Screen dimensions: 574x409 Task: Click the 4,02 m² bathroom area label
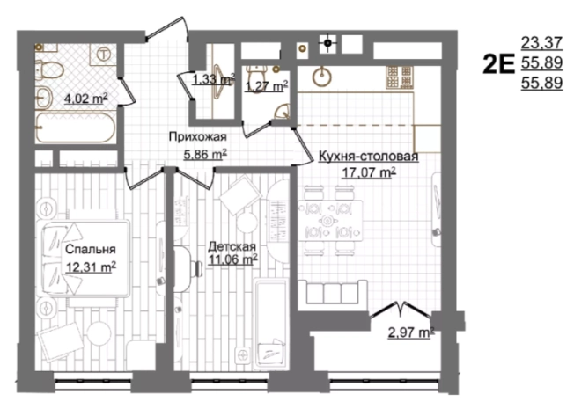[86, 99]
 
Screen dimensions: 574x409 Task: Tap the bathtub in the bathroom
[76, 128]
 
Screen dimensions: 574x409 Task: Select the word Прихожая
[198, 137]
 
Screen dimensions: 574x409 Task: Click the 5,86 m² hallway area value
[205, 155]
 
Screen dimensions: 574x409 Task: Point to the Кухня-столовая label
[369, 157]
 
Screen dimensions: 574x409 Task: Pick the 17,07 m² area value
[369, 172]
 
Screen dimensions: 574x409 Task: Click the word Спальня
[91, 250]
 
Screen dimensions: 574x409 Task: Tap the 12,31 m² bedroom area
[92, 267]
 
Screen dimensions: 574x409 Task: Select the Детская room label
[232, 246]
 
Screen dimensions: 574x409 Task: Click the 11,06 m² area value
[232, 259]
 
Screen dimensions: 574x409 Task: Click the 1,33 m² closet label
[213, 79]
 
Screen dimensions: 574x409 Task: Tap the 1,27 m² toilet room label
[266, 86]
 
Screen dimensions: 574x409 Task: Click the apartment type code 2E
[498, 64]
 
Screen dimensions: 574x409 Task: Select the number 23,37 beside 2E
[541, 43]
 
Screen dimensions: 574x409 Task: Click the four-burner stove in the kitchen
[400, 77]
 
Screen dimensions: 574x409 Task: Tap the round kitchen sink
[322, 77]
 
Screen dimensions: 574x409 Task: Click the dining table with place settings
[330, 220]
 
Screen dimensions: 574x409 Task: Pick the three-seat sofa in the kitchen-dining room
[333, 291]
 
